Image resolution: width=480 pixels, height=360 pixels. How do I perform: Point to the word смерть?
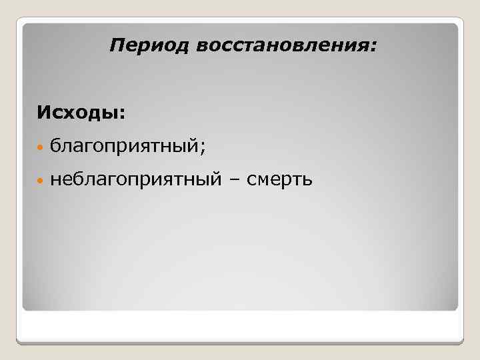279,179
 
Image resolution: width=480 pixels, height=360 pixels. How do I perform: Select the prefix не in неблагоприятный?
59,179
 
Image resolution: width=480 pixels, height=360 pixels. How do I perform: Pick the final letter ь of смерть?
307,179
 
